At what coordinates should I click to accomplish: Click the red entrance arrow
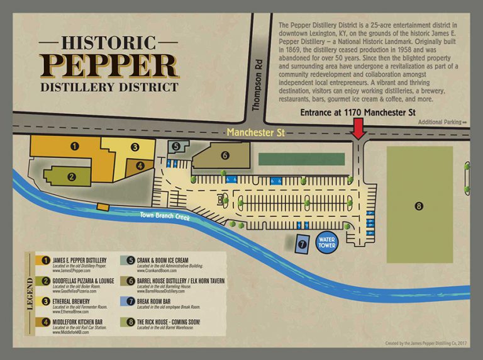pos(358,129)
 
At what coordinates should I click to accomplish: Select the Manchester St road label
pos(253,132)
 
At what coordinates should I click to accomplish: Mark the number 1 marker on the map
pos(74,146)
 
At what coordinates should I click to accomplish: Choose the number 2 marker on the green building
pos(72,177)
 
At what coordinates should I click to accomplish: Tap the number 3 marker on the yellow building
pos(135,147)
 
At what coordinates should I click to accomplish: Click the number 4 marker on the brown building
pos(140,166)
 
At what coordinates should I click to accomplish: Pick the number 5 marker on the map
pos(176,146)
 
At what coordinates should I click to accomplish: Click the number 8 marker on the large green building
pos(419,205)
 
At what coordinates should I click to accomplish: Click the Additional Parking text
pos(442,122)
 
